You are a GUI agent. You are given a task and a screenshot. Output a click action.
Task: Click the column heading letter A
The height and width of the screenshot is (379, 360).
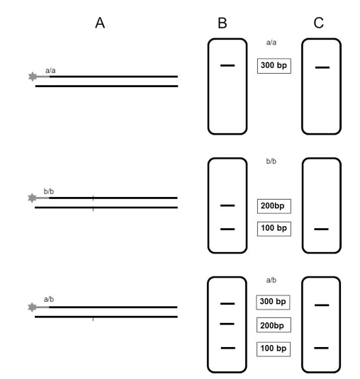click(100, 23)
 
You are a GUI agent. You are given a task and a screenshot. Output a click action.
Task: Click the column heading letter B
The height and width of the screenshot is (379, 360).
click(223, 23)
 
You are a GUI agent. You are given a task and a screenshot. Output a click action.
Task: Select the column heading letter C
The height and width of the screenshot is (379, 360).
click(318, 23)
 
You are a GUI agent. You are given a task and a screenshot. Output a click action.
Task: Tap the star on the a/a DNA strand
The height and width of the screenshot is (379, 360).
click(33, 77)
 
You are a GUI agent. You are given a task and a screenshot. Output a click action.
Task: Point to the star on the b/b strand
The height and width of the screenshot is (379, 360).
click(32, 198)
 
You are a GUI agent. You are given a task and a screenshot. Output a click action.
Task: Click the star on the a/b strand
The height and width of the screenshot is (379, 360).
click(32, 307)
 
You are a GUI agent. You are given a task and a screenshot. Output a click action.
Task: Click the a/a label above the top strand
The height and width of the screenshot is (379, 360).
click(50, 70)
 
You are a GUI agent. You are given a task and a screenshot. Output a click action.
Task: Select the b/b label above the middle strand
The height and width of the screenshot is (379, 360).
click(49, 191)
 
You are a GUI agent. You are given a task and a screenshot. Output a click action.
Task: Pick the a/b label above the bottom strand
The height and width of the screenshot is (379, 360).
click(49, 299)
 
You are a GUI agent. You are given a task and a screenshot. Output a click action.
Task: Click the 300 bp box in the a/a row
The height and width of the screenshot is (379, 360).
click(274, 66)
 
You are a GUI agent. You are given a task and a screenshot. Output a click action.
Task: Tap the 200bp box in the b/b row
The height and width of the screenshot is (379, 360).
click(274, 206)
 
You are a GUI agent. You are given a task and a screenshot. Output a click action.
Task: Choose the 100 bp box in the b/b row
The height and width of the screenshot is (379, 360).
click(274, 229)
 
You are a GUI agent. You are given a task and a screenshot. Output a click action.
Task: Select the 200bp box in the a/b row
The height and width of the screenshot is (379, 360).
click(274, 325)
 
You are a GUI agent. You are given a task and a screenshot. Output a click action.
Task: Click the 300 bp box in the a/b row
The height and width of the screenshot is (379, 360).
click(273, 302)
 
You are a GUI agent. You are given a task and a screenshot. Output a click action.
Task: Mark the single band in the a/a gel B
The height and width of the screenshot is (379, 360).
click(227, 65)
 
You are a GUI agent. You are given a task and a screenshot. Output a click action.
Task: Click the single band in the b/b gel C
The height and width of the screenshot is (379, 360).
click(321, 229)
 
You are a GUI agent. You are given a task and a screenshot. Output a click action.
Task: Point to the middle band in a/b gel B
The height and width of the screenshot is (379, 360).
click(227, 324)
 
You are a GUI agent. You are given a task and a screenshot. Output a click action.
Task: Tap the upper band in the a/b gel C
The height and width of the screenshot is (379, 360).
click(322, 305)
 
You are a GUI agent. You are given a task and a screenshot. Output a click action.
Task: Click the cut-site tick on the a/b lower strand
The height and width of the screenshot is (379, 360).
click(93, 319)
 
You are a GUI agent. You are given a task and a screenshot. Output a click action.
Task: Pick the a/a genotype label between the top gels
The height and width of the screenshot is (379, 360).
click(271, 43)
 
